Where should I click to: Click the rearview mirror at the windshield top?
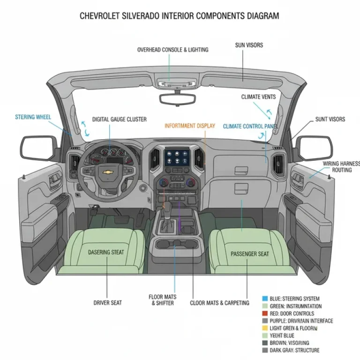(x=178, y=99)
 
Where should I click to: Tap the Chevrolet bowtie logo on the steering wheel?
(x=108, y=172)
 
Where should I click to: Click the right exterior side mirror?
(x=314, y=148)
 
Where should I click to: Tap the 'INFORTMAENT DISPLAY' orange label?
(x=190, y=126)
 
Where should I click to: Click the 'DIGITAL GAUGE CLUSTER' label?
(x=119, y=120)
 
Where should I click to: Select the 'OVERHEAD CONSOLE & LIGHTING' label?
(x=172, y=50)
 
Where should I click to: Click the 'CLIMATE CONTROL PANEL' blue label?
(x=250, y=126)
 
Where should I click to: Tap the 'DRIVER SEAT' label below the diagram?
(x=107, y=303)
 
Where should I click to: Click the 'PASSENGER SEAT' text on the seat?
(x=250, y=254)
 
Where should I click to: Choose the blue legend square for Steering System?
(x=265, y=299)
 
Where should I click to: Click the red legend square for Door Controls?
(x=265, y=314)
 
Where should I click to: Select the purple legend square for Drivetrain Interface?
(x=265, y=321)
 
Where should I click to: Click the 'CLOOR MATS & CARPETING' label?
(x=219, y=303)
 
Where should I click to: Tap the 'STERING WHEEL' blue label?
(x=33, y=117)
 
